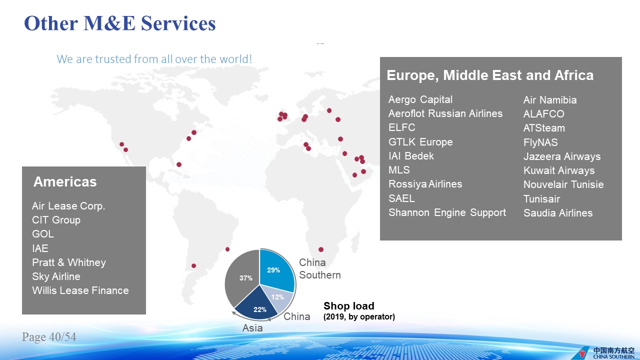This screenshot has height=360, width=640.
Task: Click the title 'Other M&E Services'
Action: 120,23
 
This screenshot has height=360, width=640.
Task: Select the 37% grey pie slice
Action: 243,277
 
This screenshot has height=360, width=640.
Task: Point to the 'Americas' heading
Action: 65,181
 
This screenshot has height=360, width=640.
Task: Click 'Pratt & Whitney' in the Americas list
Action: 69,262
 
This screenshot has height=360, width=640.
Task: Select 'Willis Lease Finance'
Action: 80,290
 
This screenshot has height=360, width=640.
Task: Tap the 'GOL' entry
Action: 43,234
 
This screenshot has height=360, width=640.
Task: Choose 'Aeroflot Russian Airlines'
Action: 445,113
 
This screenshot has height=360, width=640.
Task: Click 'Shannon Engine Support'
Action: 447,212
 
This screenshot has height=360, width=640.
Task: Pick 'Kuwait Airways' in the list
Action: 559,170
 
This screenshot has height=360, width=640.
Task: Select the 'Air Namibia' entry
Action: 550,100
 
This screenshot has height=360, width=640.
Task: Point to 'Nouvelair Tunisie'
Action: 563,184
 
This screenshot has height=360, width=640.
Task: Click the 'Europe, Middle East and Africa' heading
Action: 490,75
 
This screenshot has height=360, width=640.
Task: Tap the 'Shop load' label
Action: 349,306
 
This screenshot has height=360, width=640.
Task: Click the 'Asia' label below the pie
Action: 252,328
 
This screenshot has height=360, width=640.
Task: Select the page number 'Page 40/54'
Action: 49,337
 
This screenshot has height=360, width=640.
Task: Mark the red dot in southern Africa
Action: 321,249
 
